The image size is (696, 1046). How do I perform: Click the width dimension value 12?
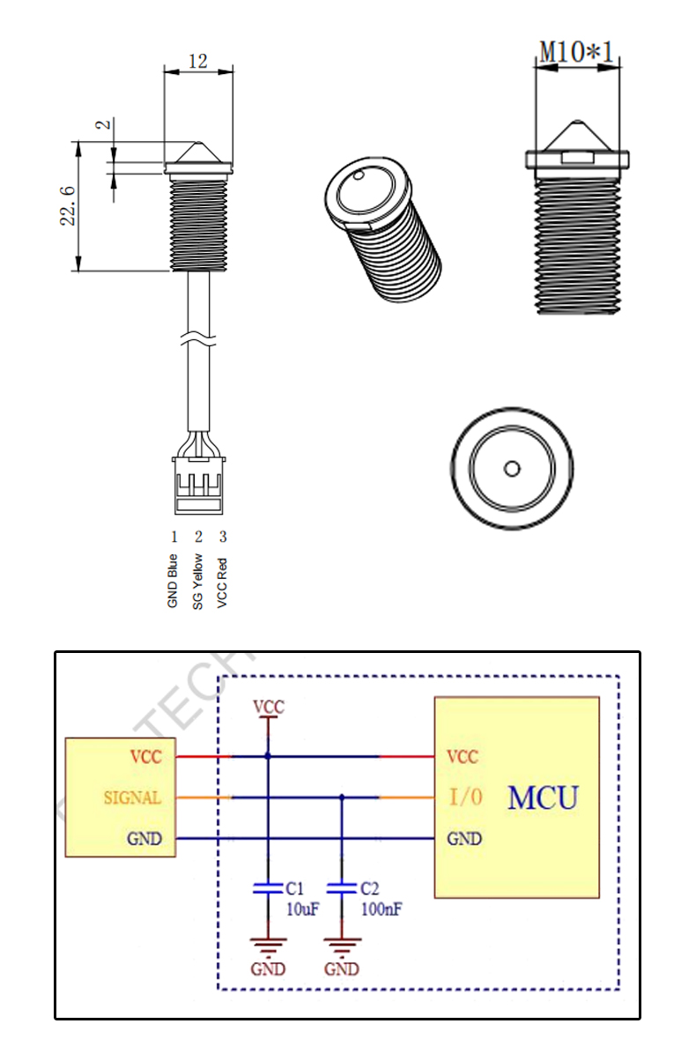point(198,61)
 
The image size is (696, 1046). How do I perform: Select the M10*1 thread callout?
point(577,51)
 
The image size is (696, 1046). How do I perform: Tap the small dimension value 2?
point(105,124)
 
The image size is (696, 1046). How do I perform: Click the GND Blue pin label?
point(174,581)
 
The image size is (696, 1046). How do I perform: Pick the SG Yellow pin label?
point(198,581)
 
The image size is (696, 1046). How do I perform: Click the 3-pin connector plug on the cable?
point(199,485)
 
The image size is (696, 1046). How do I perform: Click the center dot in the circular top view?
point(512,468)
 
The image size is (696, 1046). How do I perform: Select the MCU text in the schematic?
point(543,797)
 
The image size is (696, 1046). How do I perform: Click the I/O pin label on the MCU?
point(466,798)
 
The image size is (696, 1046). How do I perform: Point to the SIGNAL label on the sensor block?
point(133,798)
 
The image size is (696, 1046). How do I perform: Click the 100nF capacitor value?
point(381,909)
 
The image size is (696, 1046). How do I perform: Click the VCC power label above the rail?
point(268,707)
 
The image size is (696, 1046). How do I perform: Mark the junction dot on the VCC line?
point(268,756)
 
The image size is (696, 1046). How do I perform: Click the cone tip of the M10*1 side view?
point(576,122)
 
